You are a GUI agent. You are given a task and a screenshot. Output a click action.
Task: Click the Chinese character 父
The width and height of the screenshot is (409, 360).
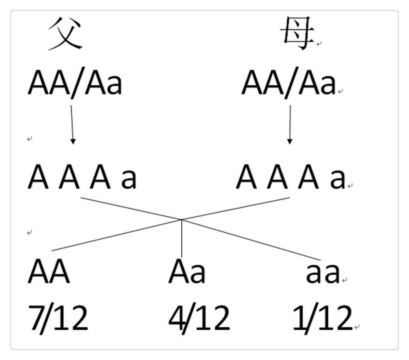66,33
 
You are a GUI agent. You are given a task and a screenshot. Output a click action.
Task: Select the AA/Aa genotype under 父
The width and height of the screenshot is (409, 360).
75,83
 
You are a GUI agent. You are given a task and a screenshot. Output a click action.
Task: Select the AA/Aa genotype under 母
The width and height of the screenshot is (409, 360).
288,83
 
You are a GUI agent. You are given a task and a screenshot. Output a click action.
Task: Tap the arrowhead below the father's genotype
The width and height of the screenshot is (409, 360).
73,141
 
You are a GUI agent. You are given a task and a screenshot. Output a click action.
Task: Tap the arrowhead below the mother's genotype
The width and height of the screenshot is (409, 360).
290,141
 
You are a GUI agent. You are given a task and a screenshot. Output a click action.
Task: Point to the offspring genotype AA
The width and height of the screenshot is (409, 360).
49,272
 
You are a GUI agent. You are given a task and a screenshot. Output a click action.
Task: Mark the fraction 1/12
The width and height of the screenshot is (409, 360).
322,317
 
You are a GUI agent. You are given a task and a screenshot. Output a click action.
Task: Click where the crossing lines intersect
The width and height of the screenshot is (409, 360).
182,220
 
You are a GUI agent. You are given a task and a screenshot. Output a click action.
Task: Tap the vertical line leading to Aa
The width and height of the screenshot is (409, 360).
182,238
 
